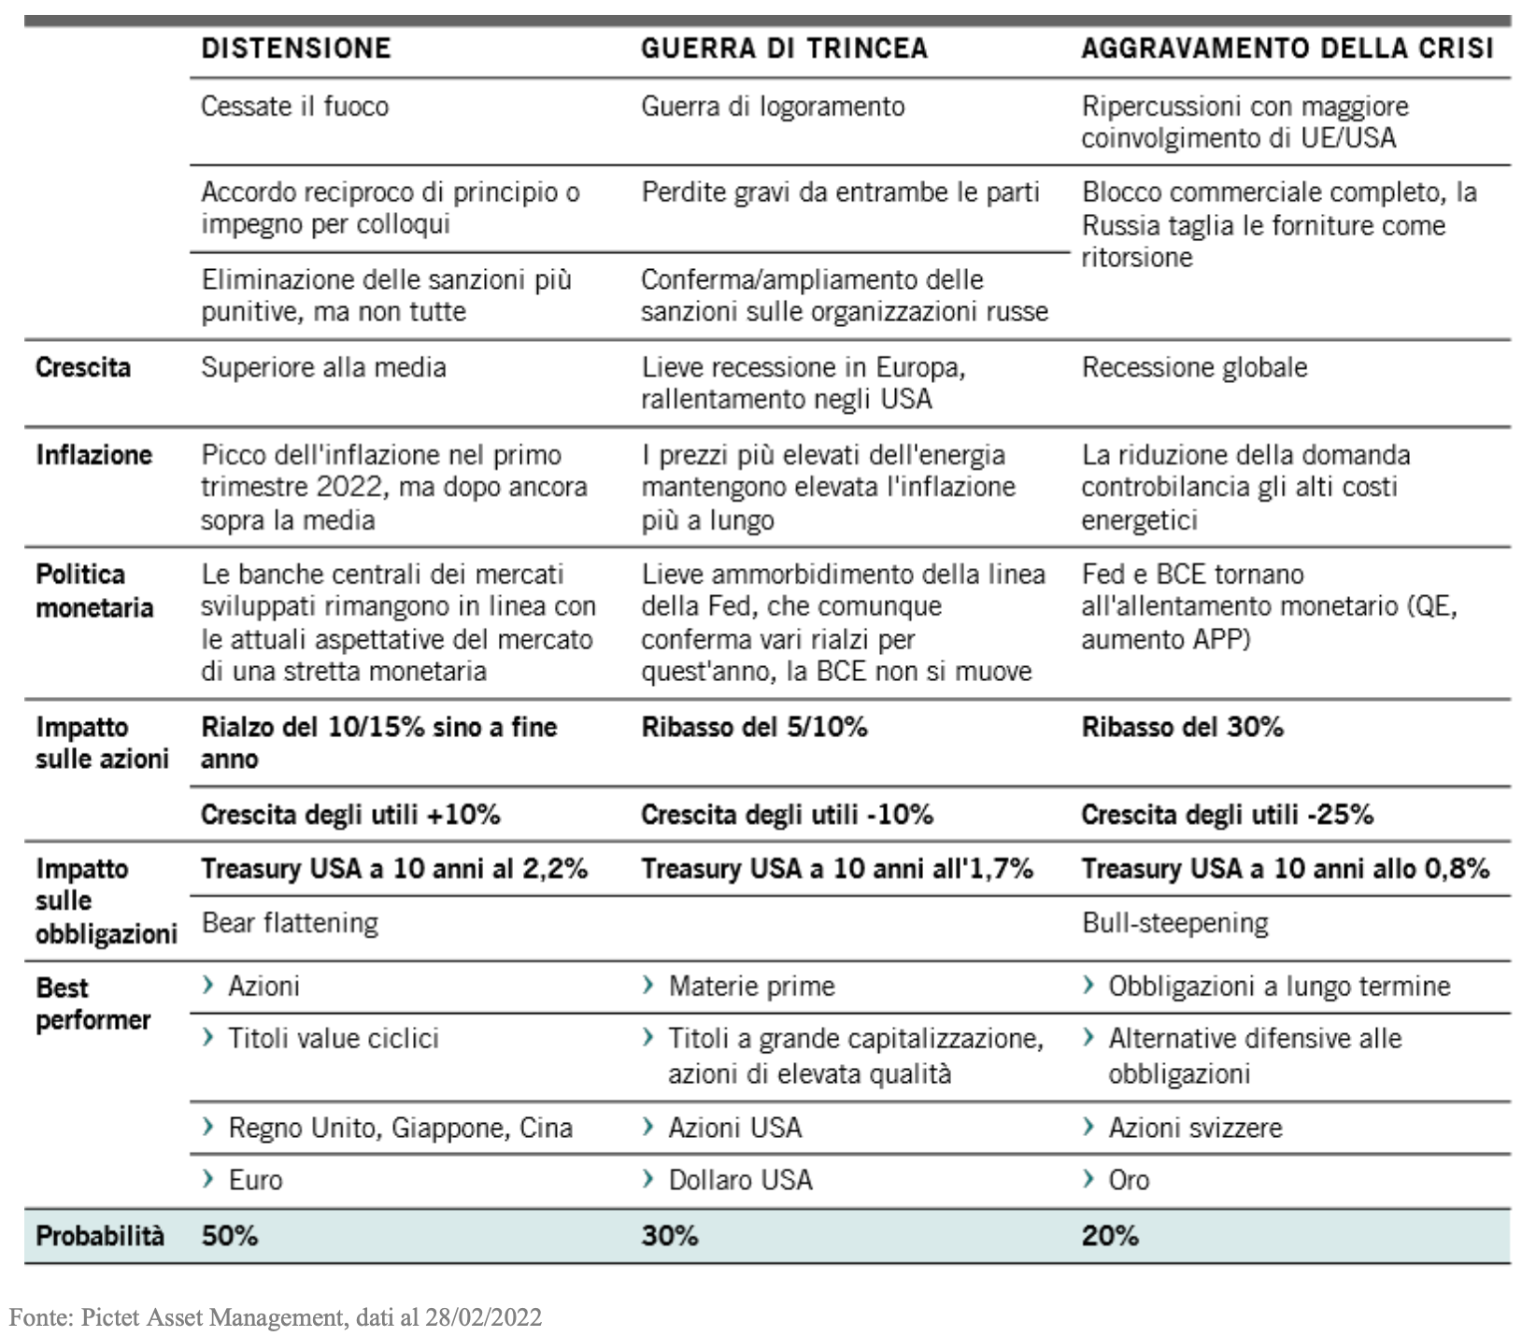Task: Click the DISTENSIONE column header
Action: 295,49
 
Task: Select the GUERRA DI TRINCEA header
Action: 784,49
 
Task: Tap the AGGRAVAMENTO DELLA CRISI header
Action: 1287,49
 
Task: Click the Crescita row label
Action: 83,367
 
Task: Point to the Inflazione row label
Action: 93,455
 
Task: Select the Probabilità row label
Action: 99,1236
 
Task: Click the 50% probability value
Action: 229,1236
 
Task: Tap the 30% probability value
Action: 669,1236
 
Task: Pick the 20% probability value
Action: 1110,1236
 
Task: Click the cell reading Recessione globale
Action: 1194,367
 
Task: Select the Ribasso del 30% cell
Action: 1182,727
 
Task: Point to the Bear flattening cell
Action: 290,923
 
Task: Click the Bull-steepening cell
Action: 1174,923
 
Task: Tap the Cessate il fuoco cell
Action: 294,107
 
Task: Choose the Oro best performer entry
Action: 1129,1180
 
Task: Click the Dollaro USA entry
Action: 740,1180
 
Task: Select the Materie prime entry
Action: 751,987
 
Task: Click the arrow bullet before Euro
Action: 208,1179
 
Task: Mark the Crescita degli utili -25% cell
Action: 1227,815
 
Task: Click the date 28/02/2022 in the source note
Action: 483,1317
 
